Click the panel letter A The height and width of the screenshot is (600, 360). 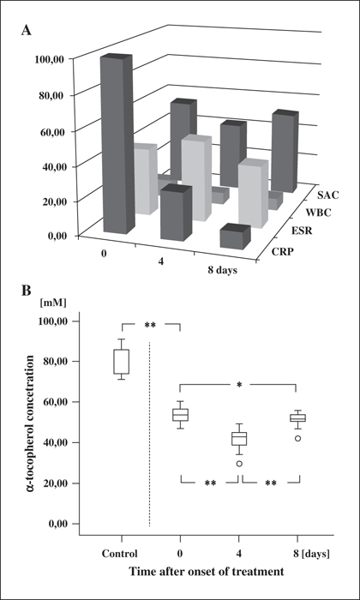pos(26,31)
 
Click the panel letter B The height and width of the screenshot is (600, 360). pos(26,291)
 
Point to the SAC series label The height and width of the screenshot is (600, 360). pos(328,195)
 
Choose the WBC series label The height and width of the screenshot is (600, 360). pos(319,213)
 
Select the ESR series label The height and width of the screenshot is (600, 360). pos(301,231)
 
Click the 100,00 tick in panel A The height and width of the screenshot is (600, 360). pos(51,59)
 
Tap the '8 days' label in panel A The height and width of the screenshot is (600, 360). pos(222,271)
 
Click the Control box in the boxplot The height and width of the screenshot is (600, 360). pos(121,362)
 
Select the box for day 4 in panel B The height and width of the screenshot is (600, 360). pos(239,439)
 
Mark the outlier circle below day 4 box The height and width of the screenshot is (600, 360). pos(239,464)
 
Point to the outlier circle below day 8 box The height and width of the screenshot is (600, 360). pos(297,439)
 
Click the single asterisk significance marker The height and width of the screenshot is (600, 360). pos(239,385)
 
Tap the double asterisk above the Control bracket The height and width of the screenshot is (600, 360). pos(150,325)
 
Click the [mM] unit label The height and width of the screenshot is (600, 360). pos(52,303)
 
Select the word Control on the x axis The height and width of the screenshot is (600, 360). pos(119,554)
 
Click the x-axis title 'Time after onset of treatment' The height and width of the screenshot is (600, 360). pos(207,572)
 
